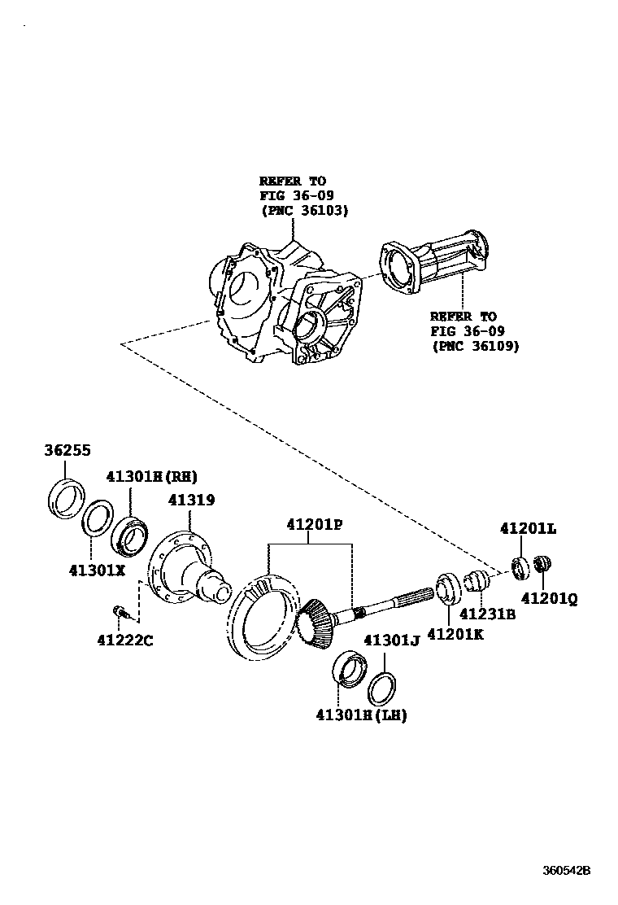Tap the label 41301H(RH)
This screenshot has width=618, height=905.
(150, 476)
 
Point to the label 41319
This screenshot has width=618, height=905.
(191, 500)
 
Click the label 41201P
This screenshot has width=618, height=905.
(313, 525)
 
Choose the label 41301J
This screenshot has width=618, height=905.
(390, 640)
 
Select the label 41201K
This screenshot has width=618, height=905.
(455, 633)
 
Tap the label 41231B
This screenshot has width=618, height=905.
(488, 614)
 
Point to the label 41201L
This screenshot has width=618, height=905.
(528, 528)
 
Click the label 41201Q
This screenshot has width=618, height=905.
(549, 598)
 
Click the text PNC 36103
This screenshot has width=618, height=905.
(304, 210)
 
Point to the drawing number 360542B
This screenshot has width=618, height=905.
(567, 868)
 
